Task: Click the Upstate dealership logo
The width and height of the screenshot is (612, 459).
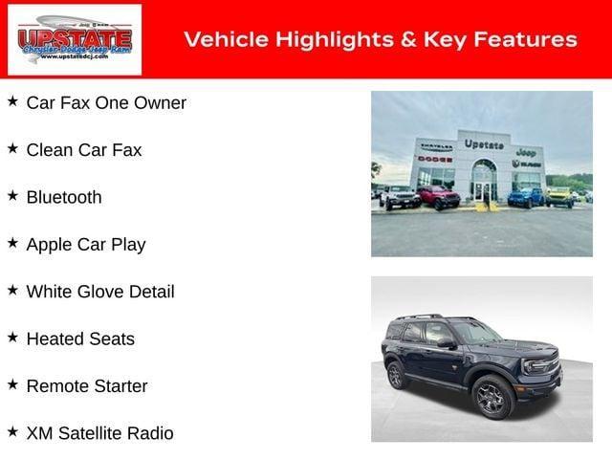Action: point(75,40)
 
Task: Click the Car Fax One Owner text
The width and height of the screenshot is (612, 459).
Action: point(106,102)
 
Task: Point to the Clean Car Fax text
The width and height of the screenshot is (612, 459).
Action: point(84,149)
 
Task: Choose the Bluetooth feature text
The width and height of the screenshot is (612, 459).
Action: point(64,197)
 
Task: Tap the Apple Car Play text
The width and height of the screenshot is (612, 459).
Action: point(86,244)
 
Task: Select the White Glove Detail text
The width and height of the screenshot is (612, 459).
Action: point(100,292)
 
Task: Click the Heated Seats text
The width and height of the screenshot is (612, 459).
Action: point(80,339)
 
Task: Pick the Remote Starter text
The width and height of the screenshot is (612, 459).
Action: point(87,386)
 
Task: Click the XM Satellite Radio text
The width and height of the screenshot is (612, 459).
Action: point(100,433)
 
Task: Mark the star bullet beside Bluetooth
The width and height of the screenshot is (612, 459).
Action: point(12,195)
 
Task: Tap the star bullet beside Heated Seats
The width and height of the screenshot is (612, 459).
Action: point(12,337)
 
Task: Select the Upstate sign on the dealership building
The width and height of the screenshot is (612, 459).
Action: point(484,144)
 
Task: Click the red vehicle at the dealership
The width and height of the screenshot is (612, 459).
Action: point(438,197)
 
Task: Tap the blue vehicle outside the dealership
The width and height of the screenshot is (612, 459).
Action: point(524,197)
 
